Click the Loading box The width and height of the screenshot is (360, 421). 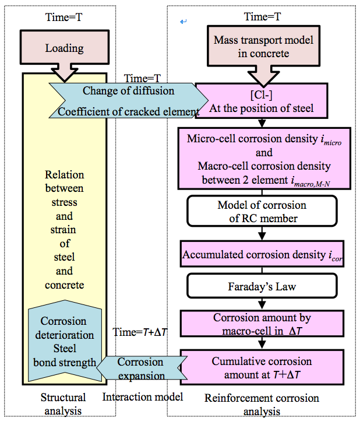64,48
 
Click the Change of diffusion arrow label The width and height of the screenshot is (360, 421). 128,91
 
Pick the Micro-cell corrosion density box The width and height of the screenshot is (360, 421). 266,158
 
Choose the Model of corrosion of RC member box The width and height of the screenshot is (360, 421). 261,212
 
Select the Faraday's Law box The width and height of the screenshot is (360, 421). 261,287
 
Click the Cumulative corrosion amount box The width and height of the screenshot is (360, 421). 262,367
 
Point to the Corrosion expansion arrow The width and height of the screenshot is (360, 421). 140,367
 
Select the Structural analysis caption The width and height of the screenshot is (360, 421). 63,404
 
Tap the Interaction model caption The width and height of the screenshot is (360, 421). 143,398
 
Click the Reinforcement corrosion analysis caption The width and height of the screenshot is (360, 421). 262,404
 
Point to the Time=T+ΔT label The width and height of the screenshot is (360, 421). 140,331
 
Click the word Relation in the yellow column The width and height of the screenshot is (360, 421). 64,174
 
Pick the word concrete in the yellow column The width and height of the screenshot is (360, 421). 64,285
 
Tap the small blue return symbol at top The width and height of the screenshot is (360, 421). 183,22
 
